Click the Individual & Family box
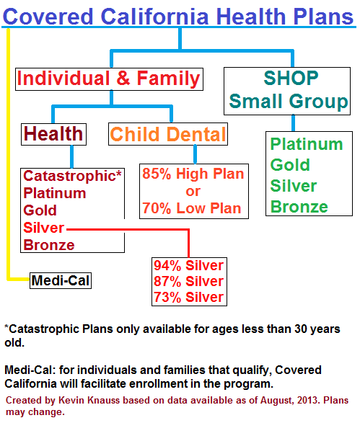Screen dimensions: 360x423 coord(109,79)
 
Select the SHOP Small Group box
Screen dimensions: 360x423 coord(287,92)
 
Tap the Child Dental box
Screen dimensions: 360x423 coord(168,134)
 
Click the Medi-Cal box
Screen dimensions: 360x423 coord(61,280)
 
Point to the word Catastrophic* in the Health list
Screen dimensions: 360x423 coord(72,176)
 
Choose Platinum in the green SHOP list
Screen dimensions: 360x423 coord(307,144)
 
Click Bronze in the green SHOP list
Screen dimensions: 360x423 coord(299,207)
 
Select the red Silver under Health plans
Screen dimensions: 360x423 coord(44,228)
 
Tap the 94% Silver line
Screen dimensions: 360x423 coord(189,265)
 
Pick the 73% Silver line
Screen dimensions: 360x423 coord(189,297)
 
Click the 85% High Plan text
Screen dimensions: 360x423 coord(193,174)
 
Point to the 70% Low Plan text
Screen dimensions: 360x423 coord(192,208)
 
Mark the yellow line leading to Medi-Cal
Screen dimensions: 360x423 coord(9,153)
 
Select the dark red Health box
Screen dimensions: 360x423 coord(53,134)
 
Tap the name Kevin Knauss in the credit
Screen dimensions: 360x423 coord(89,400)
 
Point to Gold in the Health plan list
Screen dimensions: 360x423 coord(40,210)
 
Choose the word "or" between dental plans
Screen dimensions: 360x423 coord(193,192)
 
